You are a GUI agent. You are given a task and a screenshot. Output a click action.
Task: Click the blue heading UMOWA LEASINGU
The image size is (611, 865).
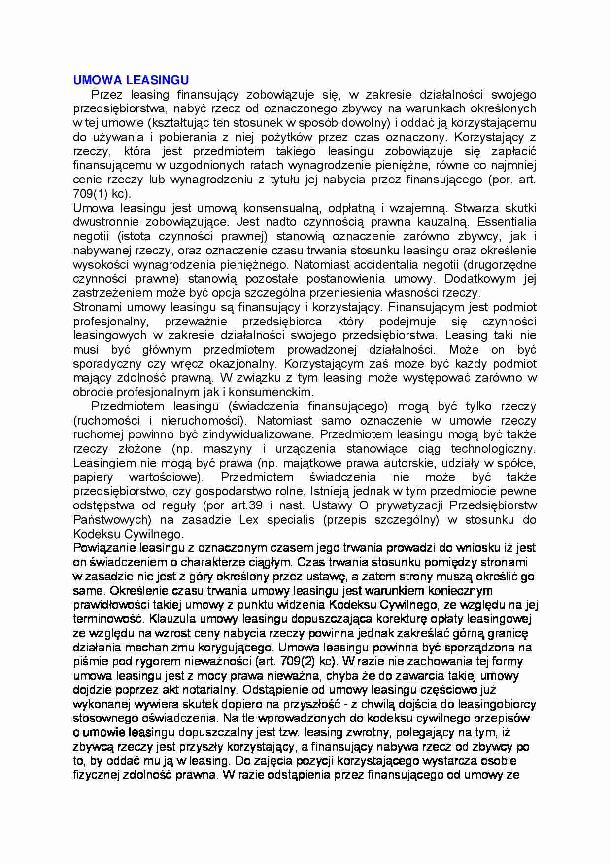pyautogui.click(x=131, y=80)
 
